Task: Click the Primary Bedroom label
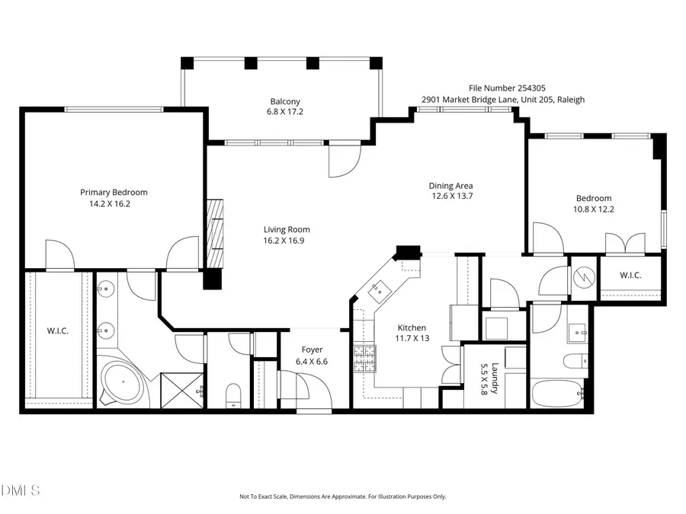pyautogui.click(x=114, y=193)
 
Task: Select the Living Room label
pyautogui.click(x=287, y=230)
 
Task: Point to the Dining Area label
pyautogui.click(x=450, y=186)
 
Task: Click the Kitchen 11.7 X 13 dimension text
pyautogui.click(x=412, y=338)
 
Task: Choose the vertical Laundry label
pyautogui.click(x=495, y=377)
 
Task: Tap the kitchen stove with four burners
pyautogui.click(x=364, y=358)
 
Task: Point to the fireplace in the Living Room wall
pyautogui.click(x=216, y=232)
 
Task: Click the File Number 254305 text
pyautogui.click(x=502, y=89)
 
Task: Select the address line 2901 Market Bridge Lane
pyautogui.click(x=503, y=100)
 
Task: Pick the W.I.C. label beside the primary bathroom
pyautogui.click(x=58, y=330)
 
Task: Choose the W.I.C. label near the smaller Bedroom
pyautogui.click(x=630, y=275)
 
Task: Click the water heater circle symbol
pyautogui.click(x=583, y=274)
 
